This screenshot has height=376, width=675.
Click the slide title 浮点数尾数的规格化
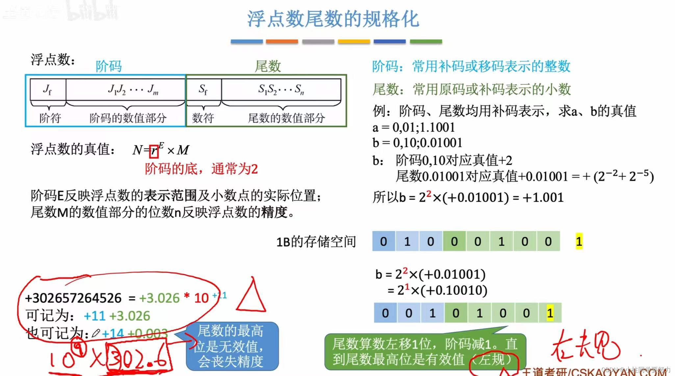pyautogui.click(x=333, y=19)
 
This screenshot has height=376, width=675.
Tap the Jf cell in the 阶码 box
pyautogui.click(x=48, y=89)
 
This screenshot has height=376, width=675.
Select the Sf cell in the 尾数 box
pyautogui.click(x=203, y=89)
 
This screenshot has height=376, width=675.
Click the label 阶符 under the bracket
pyautogui.click(x=50, y=118)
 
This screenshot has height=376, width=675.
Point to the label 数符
pyautogui.click(x=203, y=118)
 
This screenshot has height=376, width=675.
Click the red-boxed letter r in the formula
pyautogui.click(x=154, y=151)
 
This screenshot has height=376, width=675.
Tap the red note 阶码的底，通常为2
pyautogui.click(x=201, y=169)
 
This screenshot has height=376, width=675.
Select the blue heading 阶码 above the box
pyautogui.click(x=109, y=66)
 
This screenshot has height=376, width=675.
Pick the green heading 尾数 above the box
pyautogui.click(x=268, y=66)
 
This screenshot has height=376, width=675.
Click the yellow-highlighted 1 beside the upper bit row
pyautogui.click(x=579, y=241)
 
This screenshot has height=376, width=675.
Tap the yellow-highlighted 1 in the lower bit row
pyautogui.click(x=550, y=313)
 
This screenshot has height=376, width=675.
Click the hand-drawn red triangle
pyautogui.click(x=251, y=298)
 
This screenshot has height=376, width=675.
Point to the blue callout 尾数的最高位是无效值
pyautogui.click(x=232, y=346)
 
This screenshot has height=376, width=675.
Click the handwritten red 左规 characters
pyautogui.click(x=586, y=347)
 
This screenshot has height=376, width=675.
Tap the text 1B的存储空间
pyautogui.click(x=316, y=242)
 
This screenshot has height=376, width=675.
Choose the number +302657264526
pyautogui.click(x=73, y=298)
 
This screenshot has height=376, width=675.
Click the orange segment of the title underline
pyautogui.click(x=282, y=41)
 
